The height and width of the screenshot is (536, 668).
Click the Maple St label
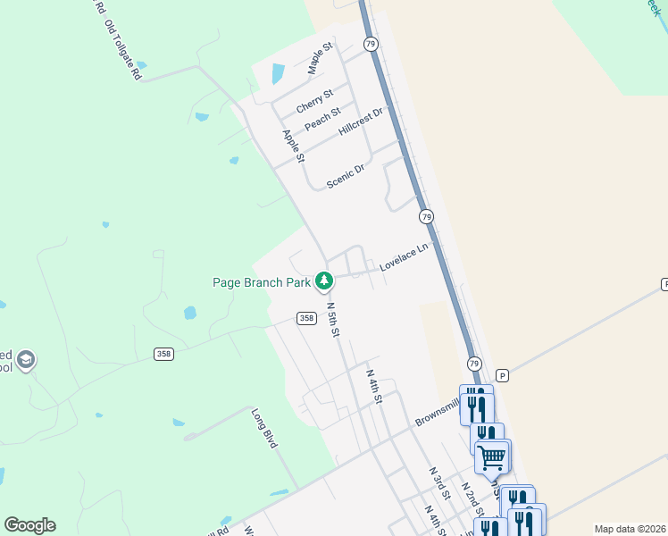tap(320, 57)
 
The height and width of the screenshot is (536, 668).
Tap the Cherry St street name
tap(314, 100)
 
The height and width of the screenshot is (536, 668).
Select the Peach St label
tap(322, 120)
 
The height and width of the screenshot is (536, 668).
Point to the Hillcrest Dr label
tap(361, 122)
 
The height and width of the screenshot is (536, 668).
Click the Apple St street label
tap(294, 147)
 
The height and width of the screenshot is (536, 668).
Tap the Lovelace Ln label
tap(404, 257)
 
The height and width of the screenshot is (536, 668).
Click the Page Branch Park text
tap(262, 282)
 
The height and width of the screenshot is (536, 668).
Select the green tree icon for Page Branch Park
tap(324, 282)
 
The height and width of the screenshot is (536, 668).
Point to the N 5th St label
tap(333, 319)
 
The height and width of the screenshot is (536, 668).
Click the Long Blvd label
tap(264, 428)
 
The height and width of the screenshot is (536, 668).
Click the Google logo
tap(29, 525)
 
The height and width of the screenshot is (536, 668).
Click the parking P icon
tap(502, 376)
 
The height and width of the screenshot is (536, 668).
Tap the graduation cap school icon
tap(26, 359)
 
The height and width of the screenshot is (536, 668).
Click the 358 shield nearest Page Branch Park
tap(306, 318)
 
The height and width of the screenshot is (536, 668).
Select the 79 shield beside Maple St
tap(371, 43)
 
